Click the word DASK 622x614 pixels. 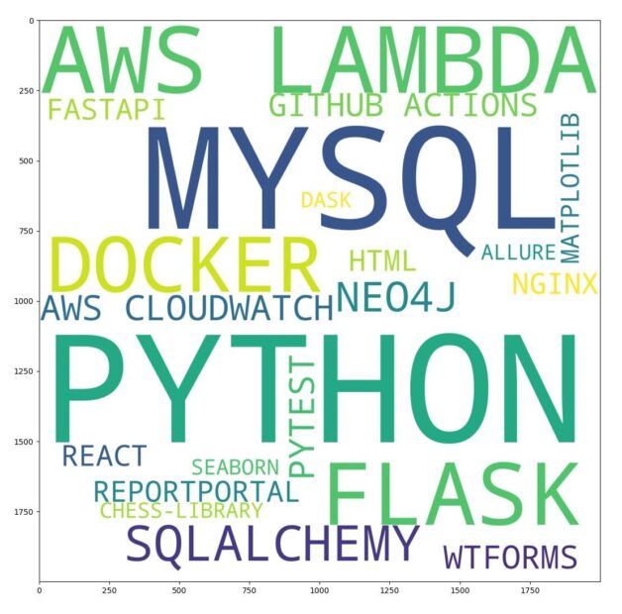click(x=326, y=200)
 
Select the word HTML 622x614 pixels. click(x=382, y=261)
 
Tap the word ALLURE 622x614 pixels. click(x=518, y=253)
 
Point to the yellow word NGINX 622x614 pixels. click(x=555, y=283)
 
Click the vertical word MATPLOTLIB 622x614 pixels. click(x=570, y=188)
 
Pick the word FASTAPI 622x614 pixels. click(x=106, y=110)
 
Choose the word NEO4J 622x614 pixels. click(x=396, y=296)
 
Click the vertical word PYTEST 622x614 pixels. click(x=302, y=417)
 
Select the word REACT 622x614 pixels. click(x=105, y=456)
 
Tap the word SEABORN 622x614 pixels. click(x=236, y=467)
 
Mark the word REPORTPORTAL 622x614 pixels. click(x=196, y=491)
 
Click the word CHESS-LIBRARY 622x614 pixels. click(x=181, y=510)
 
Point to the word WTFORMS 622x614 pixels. click(x=510, y=558)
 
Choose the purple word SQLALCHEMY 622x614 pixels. click(x=272, y=544)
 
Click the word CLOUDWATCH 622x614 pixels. click(x=230, y=308)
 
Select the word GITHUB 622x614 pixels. click(x=326, y=105)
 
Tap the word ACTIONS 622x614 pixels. click(x=470, y=105)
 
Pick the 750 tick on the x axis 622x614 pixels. click(x=250, y=582)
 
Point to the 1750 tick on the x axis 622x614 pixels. click(x=530, y=582)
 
